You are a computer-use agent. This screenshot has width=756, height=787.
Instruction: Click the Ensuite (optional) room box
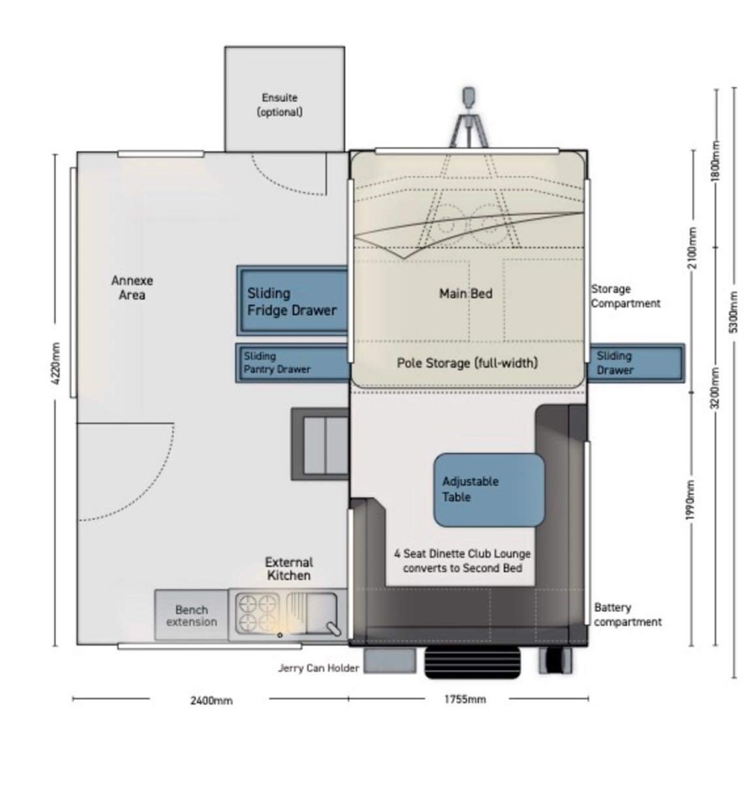(285, 99)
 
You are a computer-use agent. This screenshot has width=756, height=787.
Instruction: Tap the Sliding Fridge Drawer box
(293, 301)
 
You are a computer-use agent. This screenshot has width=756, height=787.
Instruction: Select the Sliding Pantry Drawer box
(293, 363)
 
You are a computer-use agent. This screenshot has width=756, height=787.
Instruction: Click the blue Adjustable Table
(489, 490)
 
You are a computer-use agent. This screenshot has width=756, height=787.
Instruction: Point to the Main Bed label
(465, 294)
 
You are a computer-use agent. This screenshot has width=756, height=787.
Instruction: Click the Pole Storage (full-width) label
(467, 363)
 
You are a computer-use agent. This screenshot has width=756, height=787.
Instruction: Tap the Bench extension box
(191, 615)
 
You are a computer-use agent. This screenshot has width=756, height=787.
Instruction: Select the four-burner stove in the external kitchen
(258, 613)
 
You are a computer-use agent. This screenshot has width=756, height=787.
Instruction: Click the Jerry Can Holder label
(319, 668)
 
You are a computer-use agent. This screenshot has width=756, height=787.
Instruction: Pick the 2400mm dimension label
(211, 700)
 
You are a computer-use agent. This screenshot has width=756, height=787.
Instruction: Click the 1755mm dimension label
(465, 699)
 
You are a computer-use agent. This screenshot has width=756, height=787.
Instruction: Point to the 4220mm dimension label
(56, 363)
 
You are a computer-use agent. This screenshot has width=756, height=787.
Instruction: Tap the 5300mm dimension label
(733, 311)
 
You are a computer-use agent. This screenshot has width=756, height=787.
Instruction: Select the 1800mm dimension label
(717, 161)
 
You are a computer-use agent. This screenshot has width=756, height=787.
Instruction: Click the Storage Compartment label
(625, 296)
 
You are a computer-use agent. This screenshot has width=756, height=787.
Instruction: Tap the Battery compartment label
(628, 615)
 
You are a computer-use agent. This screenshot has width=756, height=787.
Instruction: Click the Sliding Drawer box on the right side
(636, 363)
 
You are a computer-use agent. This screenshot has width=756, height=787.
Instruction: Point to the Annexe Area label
(132, 288)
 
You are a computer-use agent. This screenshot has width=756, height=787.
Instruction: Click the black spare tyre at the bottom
(472, 662)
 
